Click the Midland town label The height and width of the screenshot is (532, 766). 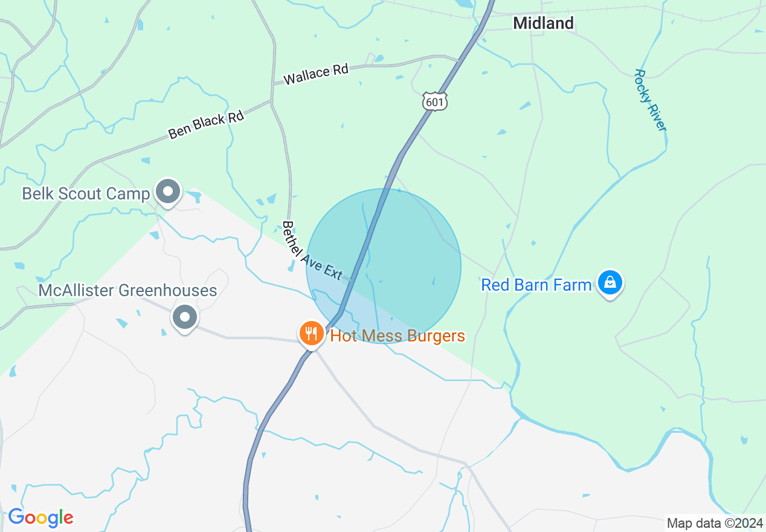click(543, 24)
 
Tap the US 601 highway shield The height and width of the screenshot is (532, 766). click(435, 102)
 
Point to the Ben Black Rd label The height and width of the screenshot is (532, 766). click(206, 124)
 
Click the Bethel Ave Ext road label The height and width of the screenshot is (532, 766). click(312, 250)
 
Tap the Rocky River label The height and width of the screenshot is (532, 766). click(650, 100)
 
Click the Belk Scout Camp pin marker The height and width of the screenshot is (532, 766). click(168, 192)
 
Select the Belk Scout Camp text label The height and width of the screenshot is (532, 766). click(85, 193)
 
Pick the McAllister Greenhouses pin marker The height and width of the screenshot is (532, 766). click(185, 317)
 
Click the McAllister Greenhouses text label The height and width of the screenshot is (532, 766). click(127, 291)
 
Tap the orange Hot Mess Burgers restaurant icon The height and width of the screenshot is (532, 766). click(311, 333)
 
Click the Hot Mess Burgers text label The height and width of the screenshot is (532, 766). click(397, 336)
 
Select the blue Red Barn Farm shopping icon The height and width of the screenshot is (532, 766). click(610, 282)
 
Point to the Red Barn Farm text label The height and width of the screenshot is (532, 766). click(536, 285)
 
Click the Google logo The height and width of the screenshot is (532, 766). click(40, 518)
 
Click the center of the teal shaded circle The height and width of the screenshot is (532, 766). click(384, 266)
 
